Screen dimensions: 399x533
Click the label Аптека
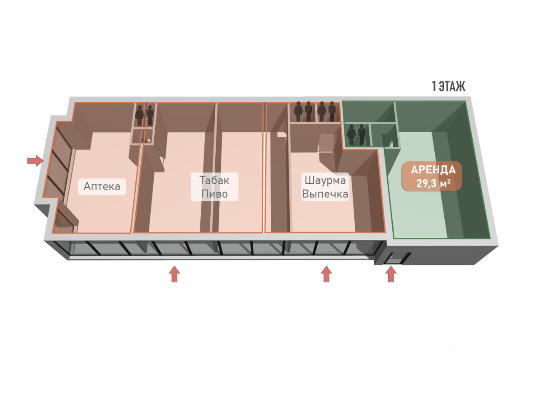click(x=102, y=186)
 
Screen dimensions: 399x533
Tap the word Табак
click(x=214, y=180)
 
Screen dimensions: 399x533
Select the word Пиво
click(x=214, y=194)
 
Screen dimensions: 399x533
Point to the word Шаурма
click(x=325, y=180)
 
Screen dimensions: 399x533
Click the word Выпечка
click(x=325, y=194)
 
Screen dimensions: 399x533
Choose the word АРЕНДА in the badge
click(x=433, y=170)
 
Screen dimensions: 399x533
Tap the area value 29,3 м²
click(x=433, y=183)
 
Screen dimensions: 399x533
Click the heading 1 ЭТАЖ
click(x=448, y=86)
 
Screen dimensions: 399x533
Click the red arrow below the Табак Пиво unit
click(x=174, y=274)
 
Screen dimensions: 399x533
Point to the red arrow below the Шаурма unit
click(x=326, y=274)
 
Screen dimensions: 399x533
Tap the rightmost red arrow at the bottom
click(x=391, y=274)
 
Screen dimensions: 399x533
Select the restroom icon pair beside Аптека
click(x=144, y=115)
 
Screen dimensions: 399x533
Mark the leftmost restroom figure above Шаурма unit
click(x=298, y=111)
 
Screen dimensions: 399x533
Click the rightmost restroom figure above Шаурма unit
click(x=332, y=111)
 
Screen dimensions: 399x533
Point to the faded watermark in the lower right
click(x=429, y=343)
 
